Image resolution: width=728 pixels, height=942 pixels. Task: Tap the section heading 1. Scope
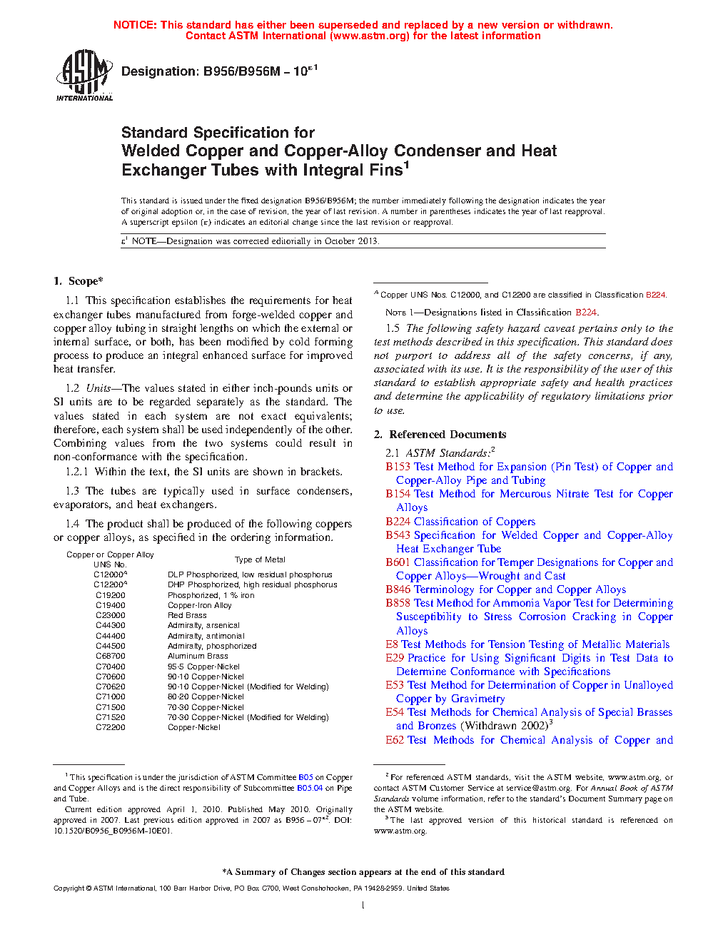coord(79,281)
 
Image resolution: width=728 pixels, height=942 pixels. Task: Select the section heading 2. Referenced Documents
coord(440,435)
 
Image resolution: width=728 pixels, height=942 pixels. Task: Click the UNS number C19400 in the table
coord(111,605)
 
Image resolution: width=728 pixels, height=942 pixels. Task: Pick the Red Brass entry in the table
coord(187,615)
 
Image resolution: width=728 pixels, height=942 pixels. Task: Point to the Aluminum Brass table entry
coord(198,656)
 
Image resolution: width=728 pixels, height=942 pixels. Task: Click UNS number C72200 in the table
coord(111,727)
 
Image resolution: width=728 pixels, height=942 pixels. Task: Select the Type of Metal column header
coord(260,559)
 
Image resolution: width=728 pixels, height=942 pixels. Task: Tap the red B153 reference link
coord(398,467)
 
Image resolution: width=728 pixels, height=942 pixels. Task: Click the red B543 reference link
coord(398,535)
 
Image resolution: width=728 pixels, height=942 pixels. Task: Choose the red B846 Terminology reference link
coord(398,589)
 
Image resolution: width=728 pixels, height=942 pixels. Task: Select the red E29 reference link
coord(395,658)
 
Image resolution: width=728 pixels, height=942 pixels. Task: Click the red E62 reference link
coord(395,740)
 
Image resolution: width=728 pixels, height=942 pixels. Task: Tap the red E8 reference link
coord(392,644)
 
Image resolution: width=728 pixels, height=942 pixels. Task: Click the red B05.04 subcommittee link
coord(310,788)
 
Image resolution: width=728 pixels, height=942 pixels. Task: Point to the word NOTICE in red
coord(135,25)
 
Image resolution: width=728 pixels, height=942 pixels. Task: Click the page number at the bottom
coord(363,906)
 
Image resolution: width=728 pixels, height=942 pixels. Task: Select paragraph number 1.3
coord(72,491)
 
